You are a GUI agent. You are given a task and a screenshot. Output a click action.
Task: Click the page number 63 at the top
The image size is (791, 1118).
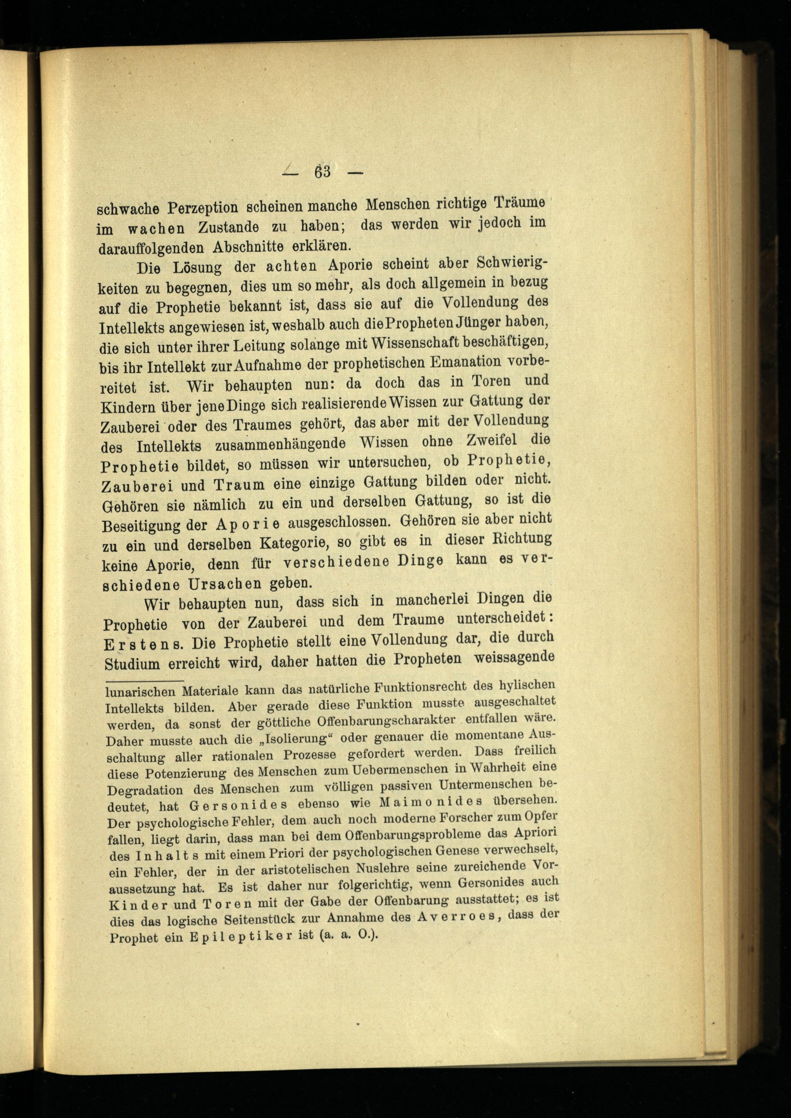click(322, 172)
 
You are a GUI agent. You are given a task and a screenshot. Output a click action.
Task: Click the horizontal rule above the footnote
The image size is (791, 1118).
click(145, 680)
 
